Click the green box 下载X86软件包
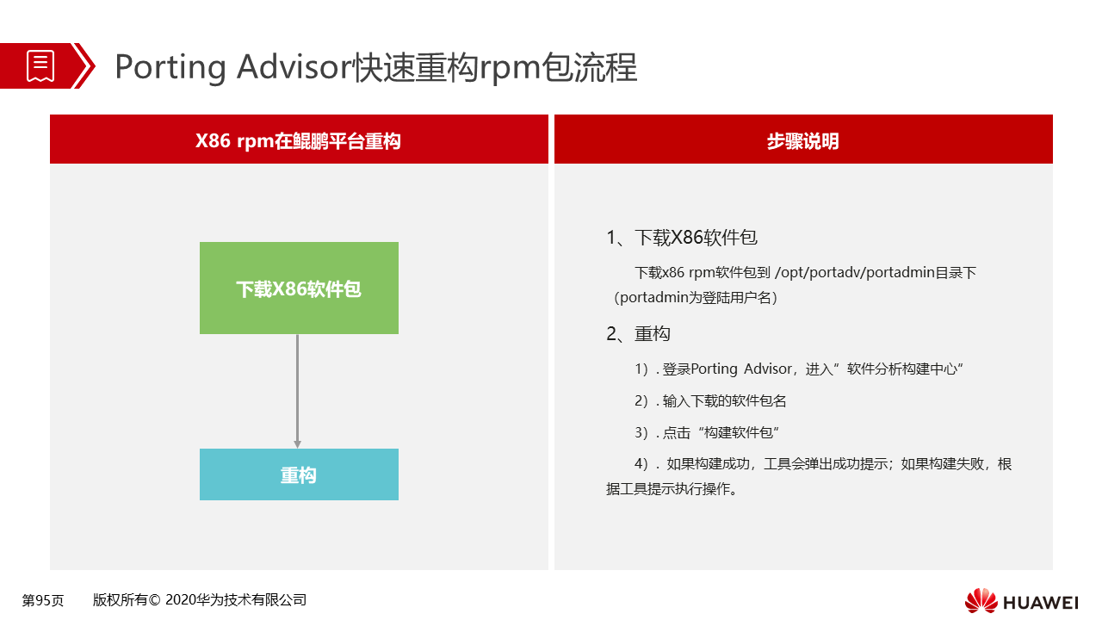click(x=299, y=288)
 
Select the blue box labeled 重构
click(x=299, y=474)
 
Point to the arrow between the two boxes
click(x=297, y=391)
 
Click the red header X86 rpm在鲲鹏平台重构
click(x=299, y=139)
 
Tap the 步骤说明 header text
click(x=803, y=141)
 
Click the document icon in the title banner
click(x=40, y=65)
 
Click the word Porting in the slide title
click(x=170, y=67)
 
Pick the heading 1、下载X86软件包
click(x=682, y=238)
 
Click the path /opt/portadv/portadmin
click(x=855, y=273)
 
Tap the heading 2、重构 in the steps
click(x=638, y=333)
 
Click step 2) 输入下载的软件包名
click(x=710, y=401)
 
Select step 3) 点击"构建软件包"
click(x=707, y=432)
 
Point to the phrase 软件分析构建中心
click(x=901, y=369)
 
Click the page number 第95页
click(x=43, y=600)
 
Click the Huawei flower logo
click(x=981, y=600)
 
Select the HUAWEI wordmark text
click(x=1040, y=603)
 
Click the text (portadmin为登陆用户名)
click(x=695, y=298)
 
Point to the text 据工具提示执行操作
click(x=672, y=489)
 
